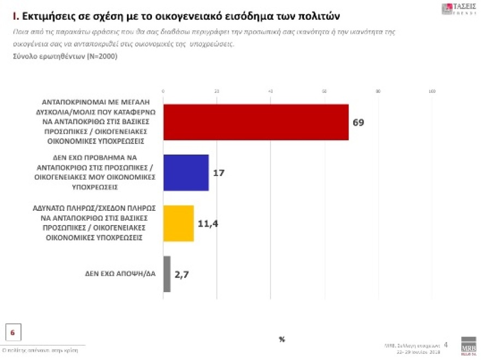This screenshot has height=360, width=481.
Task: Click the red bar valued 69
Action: click(256, 122)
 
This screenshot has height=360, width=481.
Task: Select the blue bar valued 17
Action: click(186, 173)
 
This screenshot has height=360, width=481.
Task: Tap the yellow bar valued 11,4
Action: click(179, 223)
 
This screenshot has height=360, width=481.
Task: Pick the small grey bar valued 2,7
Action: click(167, 274)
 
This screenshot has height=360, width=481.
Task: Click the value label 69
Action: click(358, 122)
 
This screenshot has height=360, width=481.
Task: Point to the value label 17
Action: click(219, 173)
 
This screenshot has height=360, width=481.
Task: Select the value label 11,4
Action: click(207, 223)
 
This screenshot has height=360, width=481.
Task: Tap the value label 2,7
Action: click(182, 274)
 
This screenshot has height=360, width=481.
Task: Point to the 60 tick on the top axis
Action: click(324, 91)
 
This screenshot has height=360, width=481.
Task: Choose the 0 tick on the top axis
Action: click(163, 91)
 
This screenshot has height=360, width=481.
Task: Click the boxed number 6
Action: click(13, 332)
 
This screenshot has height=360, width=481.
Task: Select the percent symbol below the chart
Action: click(282, 340)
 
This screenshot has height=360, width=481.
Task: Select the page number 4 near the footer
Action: click(445, 345)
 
